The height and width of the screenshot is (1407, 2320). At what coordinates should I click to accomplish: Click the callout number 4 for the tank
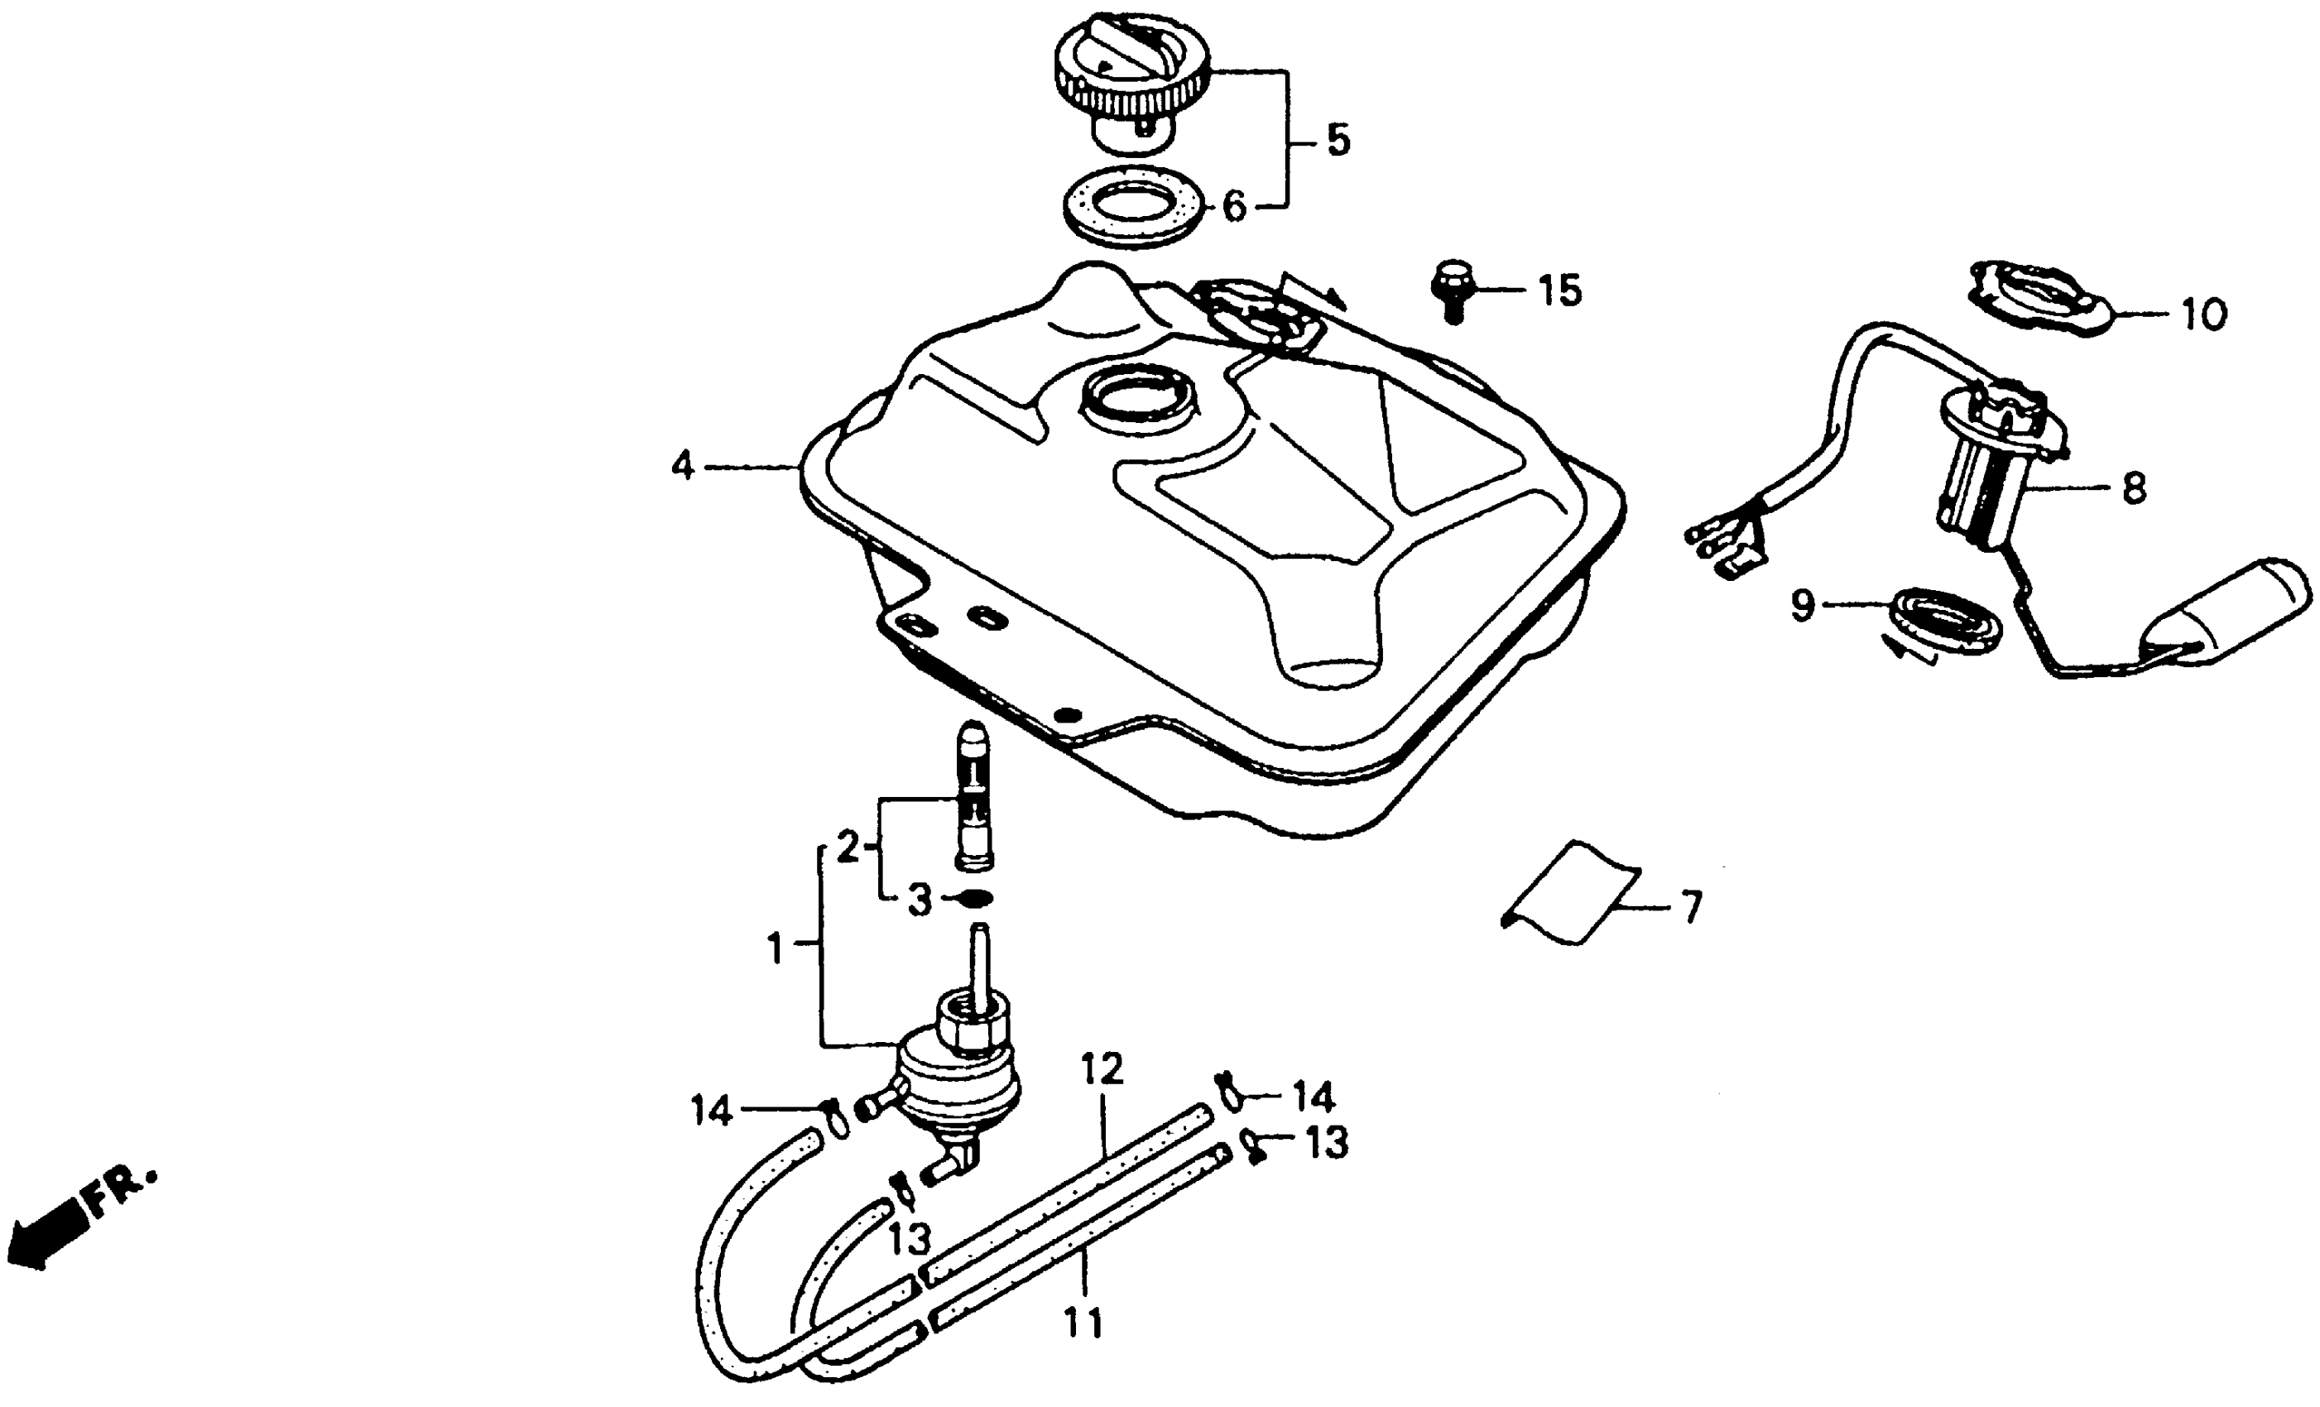[683, 466]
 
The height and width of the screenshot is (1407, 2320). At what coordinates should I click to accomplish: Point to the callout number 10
[2203, 315]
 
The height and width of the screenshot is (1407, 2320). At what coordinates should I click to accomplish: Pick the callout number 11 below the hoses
[1083, 1323]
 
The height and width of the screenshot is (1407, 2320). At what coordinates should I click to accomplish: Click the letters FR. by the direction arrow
[121, 1190]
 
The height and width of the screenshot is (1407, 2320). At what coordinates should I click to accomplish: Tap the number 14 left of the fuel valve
[711, 1112]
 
